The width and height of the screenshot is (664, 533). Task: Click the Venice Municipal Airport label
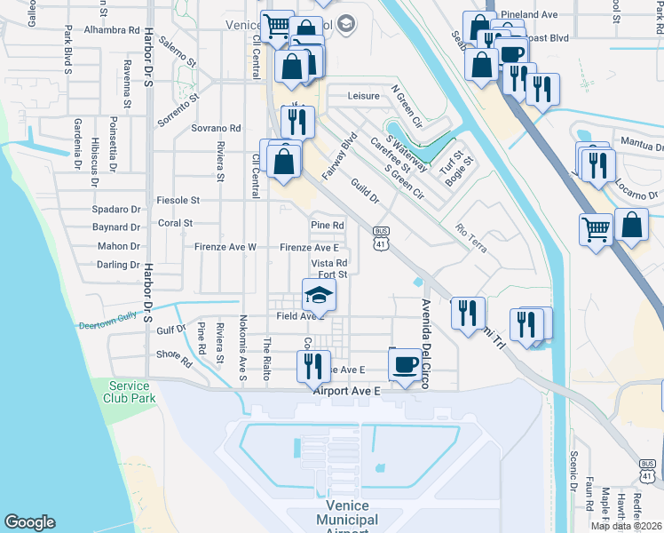click(346, 520)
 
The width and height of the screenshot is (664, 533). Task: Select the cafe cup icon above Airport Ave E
click(406, 363)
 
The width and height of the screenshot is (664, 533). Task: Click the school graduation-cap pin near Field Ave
click(320, 296)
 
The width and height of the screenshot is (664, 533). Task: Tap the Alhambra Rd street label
click(112, 29)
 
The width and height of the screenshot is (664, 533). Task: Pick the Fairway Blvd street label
click(339, 157)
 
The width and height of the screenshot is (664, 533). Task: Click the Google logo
click(29, 522)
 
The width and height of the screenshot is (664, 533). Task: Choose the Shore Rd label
click(174, 357)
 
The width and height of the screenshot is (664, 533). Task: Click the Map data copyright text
click(626, 526)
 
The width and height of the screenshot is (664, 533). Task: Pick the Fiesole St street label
click(178, 201)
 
